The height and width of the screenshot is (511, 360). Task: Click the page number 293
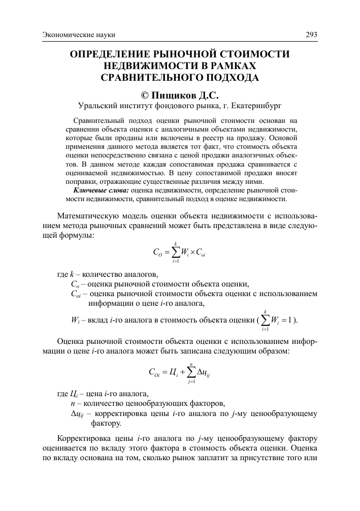pos(311,35)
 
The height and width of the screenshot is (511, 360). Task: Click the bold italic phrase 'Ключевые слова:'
pos(101,190)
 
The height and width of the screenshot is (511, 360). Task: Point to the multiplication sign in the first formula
pos(198,251)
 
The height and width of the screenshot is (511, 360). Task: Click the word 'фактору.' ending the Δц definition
pos(106,422)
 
